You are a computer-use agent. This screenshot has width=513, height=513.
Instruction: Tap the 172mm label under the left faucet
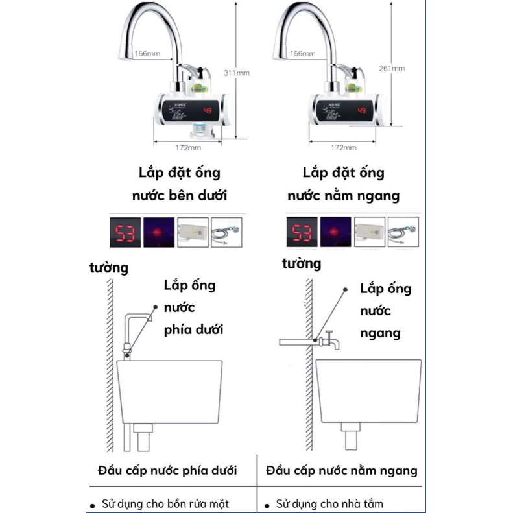(x=187, y=148)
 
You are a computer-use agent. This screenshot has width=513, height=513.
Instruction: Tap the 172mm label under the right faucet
(x=344, y=148)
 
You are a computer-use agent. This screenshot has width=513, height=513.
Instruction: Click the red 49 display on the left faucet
(x=208, y=111)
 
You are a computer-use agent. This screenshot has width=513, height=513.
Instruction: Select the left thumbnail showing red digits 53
(x=125, y=233)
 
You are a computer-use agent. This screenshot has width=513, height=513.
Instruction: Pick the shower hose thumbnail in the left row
(x=226, y=233)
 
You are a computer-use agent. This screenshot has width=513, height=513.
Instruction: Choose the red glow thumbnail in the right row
(x=335, y=233)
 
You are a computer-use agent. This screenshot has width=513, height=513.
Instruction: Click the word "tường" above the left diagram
(x=109, y=268)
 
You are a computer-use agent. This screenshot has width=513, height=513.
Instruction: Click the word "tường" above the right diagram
(x=302, y=264)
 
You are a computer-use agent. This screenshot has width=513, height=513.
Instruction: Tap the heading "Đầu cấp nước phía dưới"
(x=167, y=470)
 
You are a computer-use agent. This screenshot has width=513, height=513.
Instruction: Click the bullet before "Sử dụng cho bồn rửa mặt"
(x=93, y=504)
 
